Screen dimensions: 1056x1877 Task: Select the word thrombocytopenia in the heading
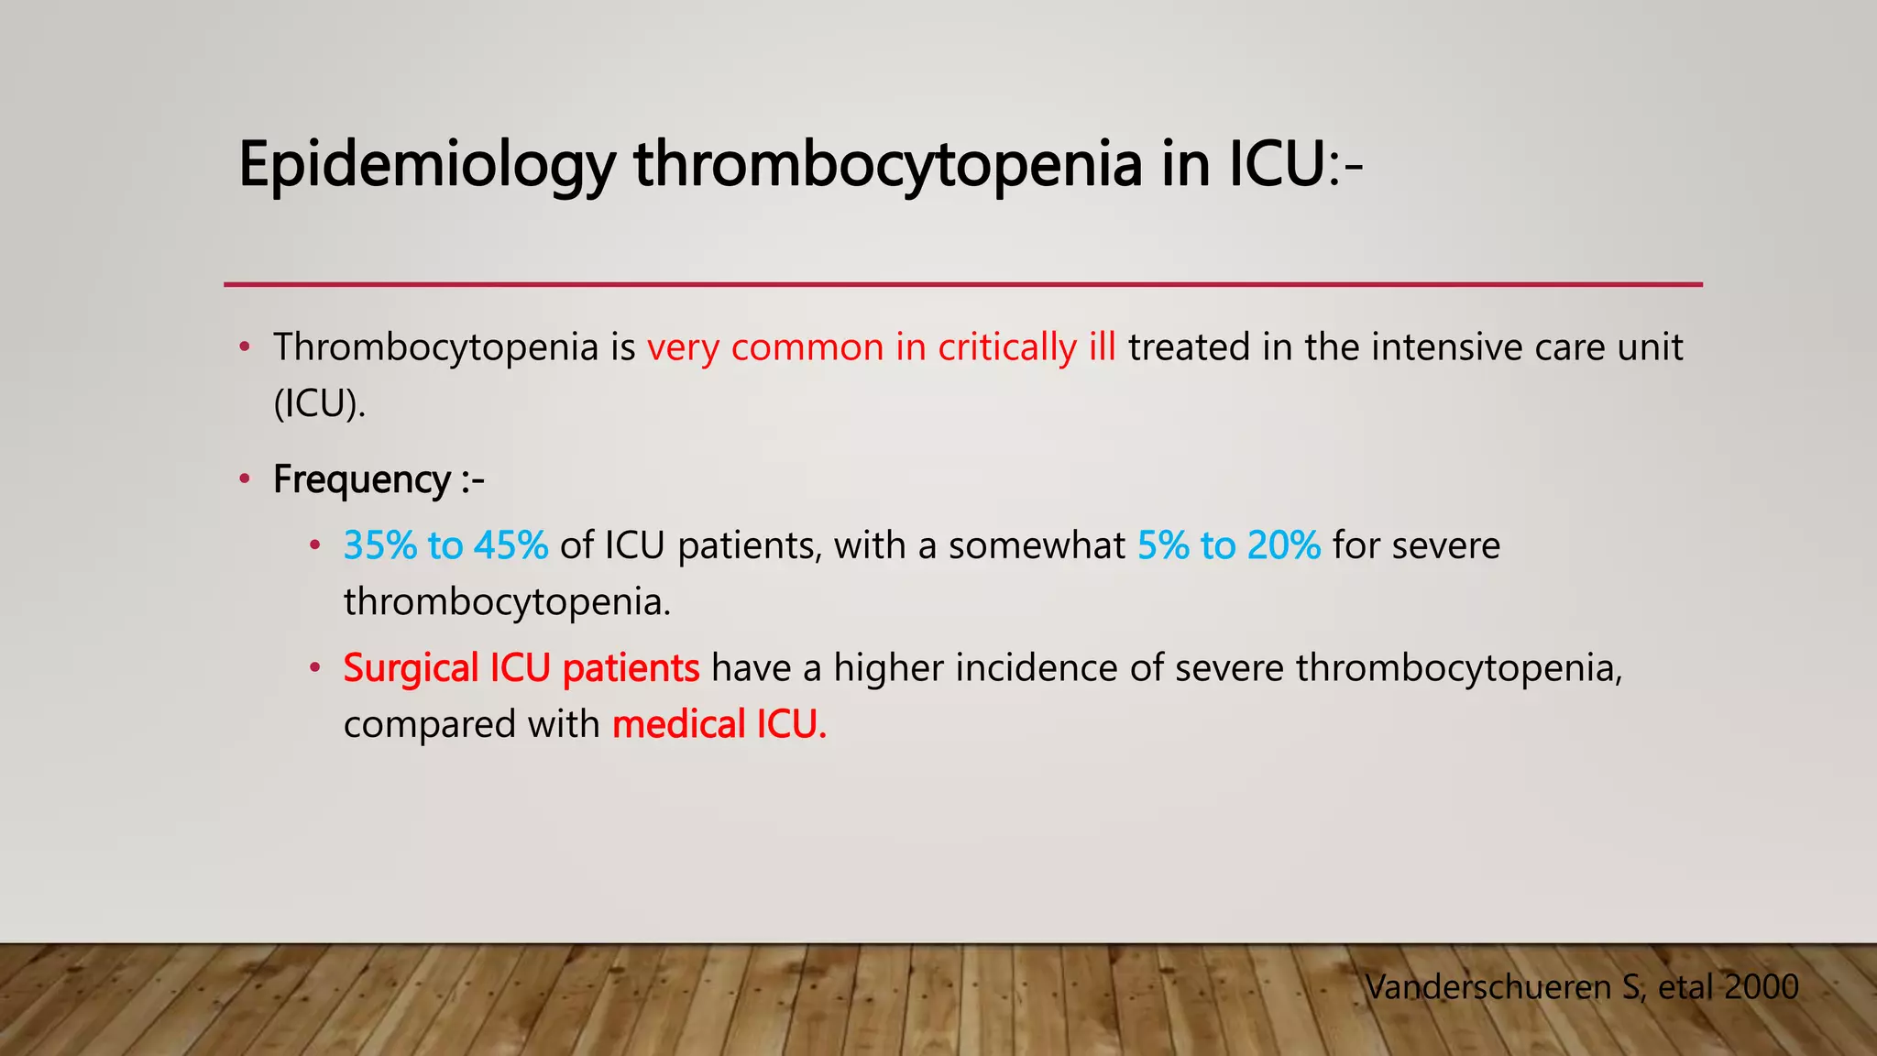point(887,165)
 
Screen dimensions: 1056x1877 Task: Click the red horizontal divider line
point(962,285)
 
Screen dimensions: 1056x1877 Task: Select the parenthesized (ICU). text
point(319,403)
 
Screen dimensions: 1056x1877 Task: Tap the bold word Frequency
point(361,479)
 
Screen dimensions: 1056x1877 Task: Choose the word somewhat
point(1037,545)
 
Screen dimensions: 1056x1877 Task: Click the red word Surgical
point(411,668)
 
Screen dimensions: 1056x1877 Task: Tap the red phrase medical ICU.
point(719,724)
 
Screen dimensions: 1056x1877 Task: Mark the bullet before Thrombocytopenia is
point(244,347)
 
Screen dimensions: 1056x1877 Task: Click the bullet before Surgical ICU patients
point(314,668)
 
